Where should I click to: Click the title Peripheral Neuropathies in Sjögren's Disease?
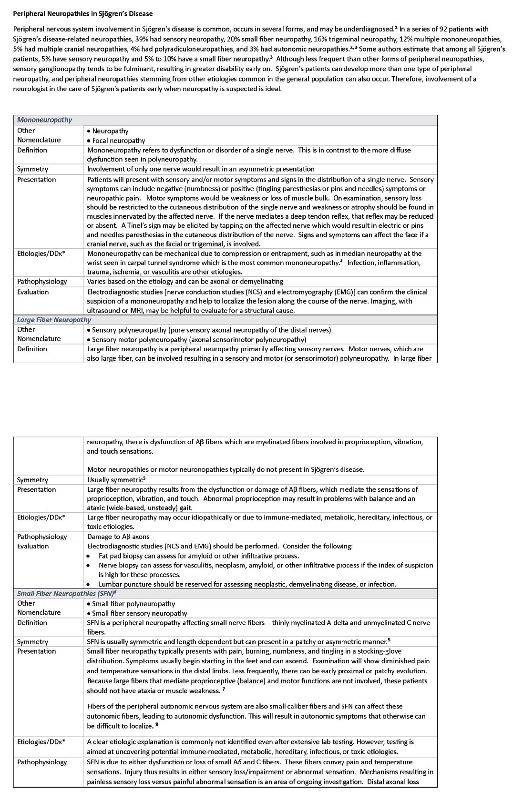click(x=83, y=13)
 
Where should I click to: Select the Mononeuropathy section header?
click(x=44, y=120)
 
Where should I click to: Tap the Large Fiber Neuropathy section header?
click(x=54, y=320)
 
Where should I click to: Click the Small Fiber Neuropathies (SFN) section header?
click(x=66, y=594)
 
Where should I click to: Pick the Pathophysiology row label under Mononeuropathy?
click(x=42, y=282)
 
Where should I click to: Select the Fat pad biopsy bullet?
click(x=199, y=556)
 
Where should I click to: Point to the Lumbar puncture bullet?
click(x=247, y=584)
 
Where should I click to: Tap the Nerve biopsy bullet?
click(x=266, y=565)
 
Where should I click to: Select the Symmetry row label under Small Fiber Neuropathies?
click(x=32, y=642)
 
